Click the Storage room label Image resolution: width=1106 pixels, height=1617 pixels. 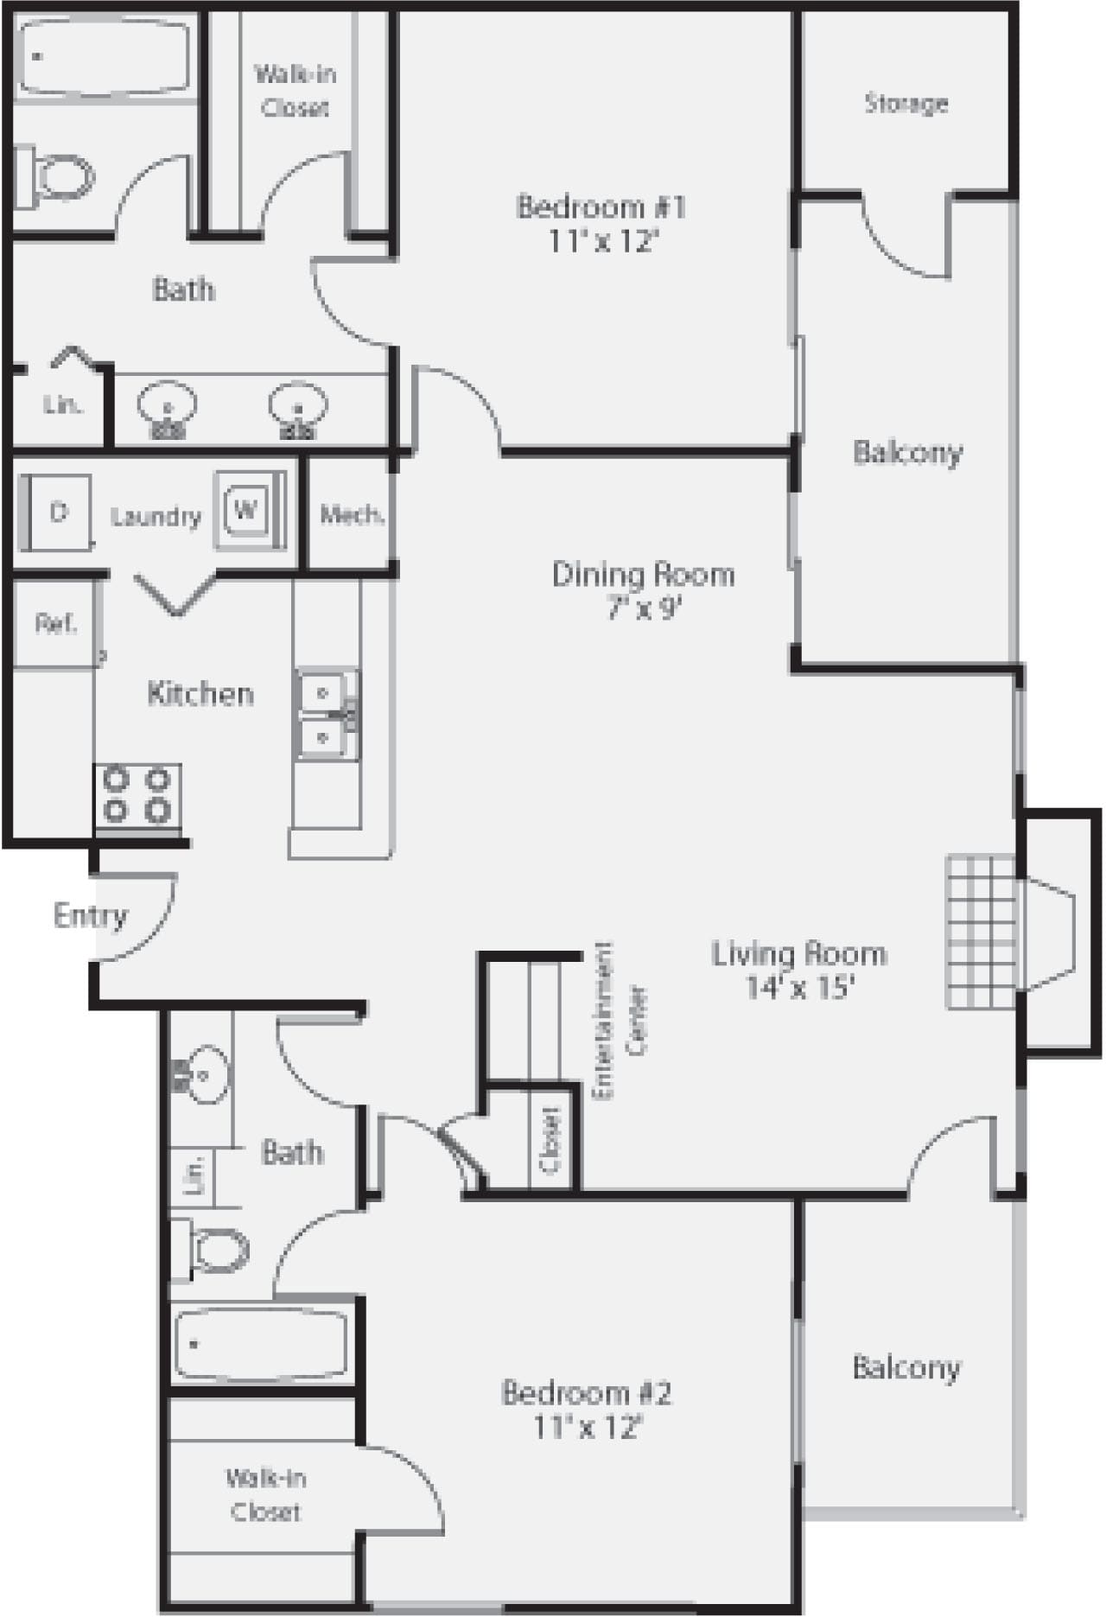pos(906,104)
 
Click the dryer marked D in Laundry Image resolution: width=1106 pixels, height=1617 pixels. pos(58,512)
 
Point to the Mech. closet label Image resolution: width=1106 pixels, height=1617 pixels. pos(352,516)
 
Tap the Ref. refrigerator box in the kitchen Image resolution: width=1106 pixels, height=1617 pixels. pos(55,623)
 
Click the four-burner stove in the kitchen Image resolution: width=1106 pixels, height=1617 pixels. pos(137,796)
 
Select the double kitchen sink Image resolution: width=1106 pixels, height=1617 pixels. pos(327,715)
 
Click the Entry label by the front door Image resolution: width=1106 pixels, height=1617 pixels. pos(90,915)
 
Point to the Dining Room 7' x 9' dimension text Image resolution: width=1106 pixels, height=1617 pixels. pos(644,609)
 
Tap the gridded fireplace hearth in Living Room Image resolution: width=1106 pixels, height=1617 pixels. pos(981,931)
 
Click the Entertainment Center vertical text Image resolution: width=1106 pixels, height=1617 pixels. pos(619,1021)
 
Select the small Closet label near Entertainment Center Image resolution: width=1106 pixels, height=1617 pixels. pos(550,1138)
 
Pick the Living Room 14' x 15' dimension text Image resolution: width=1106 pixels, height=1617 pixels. pos(800,988)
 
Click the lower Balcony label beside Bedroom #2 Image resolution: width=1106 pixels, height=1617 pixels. pos(906,1367)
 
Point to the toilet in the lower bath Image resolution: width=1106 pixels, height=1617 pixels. pos(216,1248)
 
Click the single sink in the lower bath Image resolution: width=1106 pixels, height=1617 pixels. pos(205,1075)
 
